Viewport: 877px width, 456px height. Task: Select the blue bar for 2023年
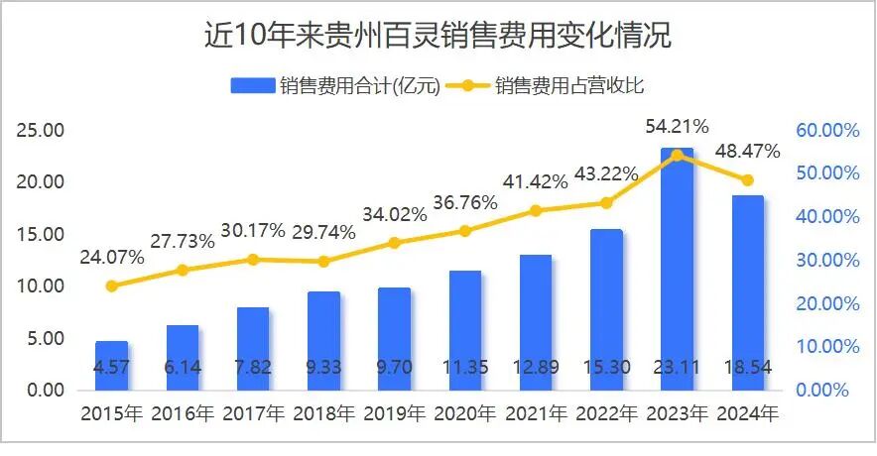coord(678,268)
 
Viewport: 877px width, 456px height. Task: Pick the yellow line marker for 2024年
coord(748,180)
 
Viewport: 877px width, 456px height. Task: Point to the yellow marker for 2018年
coord(323,261)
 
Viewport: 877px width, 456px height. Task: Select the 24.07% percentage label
coord(111,257)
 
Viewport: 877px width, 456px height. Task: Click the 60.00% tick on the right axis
coord(826,131)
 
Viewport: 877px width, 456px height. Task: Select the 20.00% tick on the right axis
coord(826,303)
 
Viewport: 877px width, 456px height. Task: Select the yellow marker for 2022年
coord(607,203)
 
